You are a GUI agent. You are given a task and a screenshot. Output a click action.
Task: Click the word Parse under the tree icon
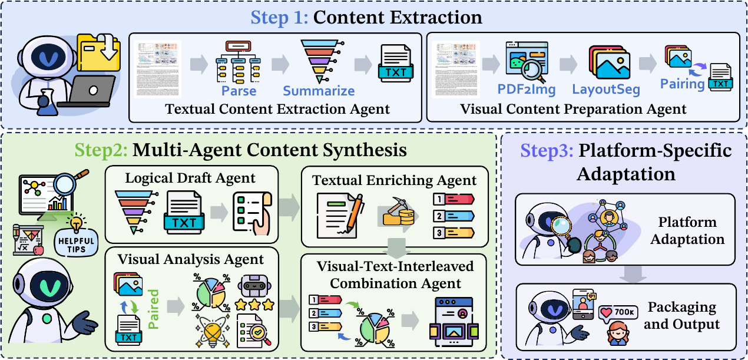pos(239,91)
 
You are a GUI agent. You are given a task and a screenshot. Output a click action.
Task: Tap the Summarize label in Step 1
pos(319,91)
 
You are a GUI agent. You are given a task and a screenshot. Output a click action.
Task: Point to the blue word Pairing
pos(682,84)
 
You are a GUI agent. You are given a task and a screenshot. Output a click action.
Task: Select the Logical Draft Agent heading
pos(190,177)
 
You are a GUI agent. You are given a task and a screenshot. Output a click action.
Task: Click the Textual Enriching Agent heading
pos(393,181)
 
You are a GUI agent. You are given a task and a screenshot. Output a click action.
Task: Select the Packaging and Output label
pos(682,316)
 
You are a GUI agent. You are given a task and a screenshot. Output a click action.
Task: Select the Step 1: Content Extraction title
pos(366,17)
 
